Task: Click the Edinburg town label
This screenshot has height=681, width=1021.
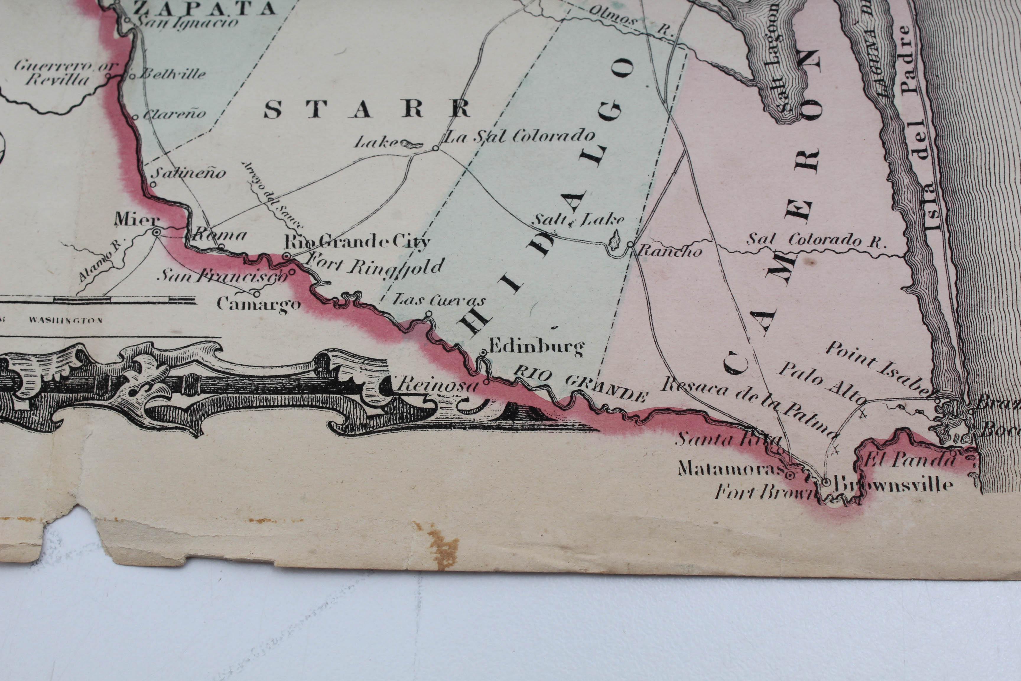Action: [536, 347]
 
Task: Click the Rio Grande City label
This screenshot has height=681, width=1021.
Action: [357, 241]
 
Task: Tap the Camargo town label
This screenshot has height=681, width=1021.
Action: [259, 304]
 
